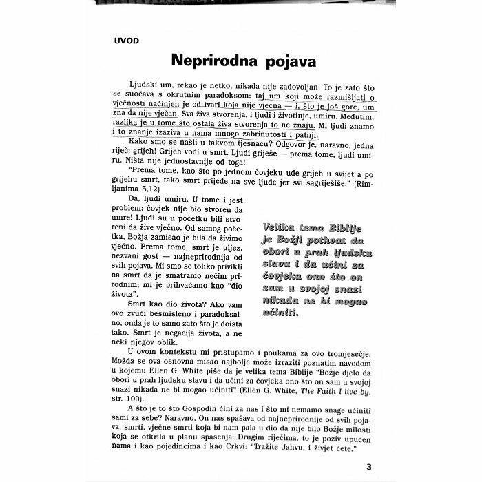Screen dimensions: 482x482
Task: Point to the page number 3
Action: (x=370, y=464)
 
